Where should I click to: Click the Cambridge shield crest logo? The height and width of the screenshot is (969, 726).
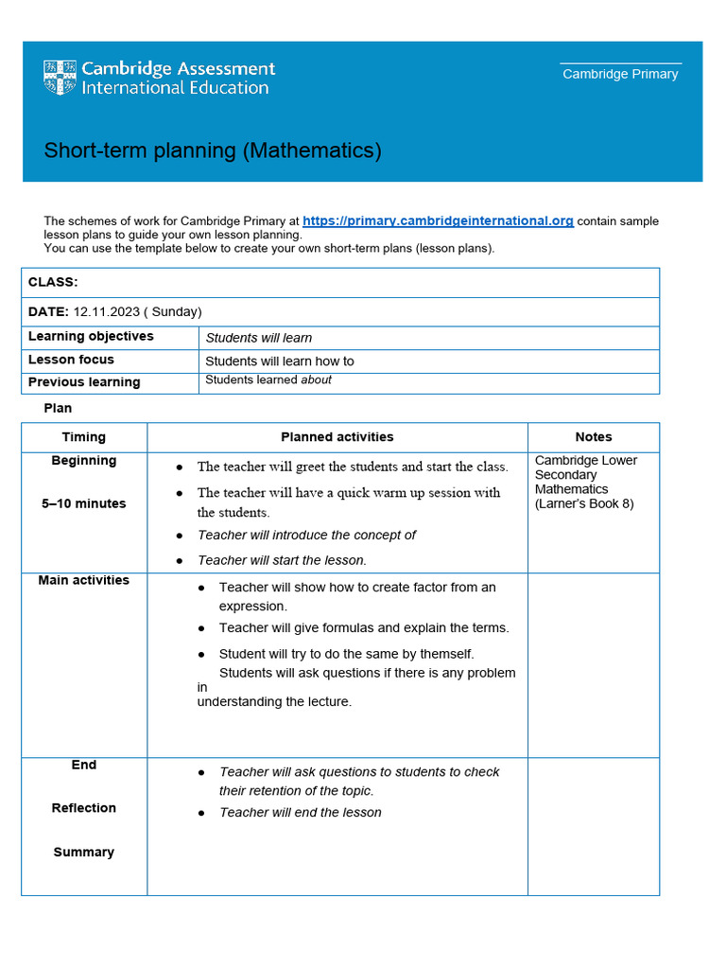tap(60, 78)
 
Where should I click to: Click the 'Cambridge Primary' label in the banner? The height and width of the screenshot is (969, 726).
tap(620, 74)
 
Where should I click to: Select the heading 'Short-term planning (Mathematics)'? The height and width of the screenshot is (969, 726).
tap(213, 150)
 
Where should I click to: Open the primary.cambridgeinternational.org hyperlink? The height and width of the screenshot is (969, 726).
tap(438, 220)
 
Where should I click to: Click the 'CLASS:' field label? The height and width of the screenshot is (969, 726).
tap(53, 282)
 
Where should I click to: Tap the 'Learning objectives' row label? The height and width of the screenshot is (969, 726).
tap(91, 337)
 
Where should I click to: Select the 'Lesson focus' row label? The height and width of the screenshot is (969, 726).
tap(71, 360)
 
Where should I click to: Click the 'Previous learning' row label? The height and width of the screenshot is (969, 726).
tap(84, 382)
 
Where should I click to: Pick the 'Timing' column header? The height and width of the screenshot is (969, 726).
tap(84, 437)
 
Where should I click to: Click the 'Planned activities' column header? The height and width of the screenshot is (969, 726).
tap(337, 437)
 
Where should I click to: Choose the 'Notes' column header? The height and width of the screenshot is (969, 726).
tap(594, 437)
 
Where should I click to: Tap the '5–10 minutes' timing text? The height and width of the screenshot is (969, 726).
tap(84, 503)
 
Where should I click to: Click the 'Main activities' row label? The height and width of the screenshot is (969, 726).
tap(84, 580)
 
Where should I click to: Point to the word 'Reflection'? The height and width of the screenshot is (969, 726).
tap(84, 808)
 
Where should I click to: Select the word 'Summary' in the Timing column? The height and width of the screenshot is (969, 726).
tap(84, 852)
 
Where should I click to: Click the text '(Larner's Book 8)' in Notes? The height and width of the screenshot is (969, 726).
tap(584, 503)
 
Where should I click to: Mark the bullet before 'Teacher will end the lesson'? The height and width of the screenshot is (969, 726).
tap(201, 813)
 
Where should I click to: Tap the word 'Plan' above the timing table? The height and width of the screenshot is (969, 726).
tap(58, 408)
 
